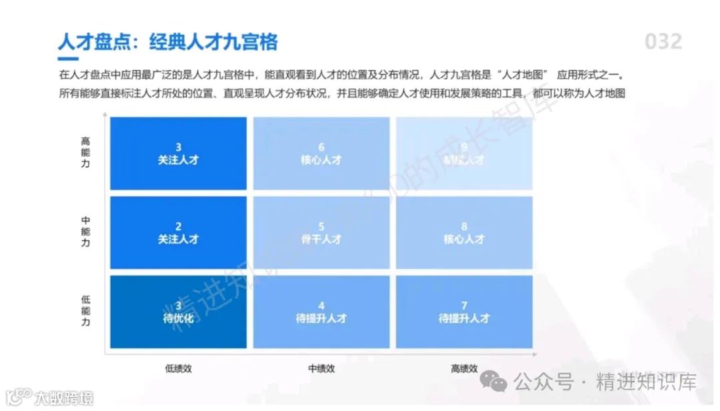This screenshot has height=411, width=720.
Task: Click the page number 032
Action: pyautogui.click(x=663, y=42)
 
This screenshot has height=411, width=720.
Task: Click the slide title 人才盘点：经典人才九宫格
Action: pyautogui.click(x=167, y=42)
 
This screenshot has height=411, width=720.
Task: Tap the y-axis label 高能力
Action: pyautogui.click(x=85, y=152)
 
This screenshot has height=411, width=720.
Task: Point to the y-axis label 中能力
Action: pyautogui.click(x=85, y=232)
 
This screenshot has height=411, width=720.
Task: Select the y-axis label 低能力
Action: pyautogui.click(x=85, y=312)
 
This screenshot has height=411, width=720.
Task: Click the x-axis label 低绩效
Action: pyautogui.click(x=178, y=368)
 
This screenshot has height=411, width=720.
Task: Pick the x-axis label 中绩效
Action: pyautogui.click(x=321, y=368)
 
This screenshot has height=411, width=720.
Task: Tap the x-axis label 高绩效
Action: pyautogui.click(x=464, y=368)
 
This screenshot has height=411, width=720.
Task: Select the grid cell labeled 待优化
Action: pyautogui.click(x=178, y=312)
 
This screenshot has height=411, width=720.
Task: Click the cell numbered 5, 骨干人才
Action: pyautogui.click(x=321, y=232)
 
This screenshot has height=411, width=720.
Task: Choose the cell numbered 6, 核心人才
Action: pyautogui.click(x=321, y=153)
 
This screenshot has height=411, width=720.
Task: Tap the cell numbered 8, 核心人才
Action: pyautogui.click(x=464, y=232)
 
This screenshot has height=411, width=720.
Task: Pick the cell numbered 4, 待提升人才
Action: pyautogui.click(x=321, y=312)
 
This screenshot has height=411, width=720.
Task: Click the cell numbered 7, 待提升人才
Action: pyautogui.click(x=464, y=312)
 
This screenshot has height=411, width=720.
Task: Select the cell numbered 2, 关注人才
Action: pyautogui.click(x=178, y=232)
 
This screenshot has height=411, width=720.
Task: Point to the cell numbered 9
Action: pyautogui.click(x=464, y=153)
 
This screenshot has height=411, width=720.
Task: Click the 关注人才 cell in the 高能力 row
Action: pyautogui.click(x=178, y=153)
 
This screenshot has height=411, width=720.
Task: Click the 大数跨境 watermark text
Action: pyautogui.click(x=64, y=398)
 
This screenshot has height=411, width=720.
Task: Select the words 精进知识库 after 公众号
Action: pyautogui.click(x=647, y=382)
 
